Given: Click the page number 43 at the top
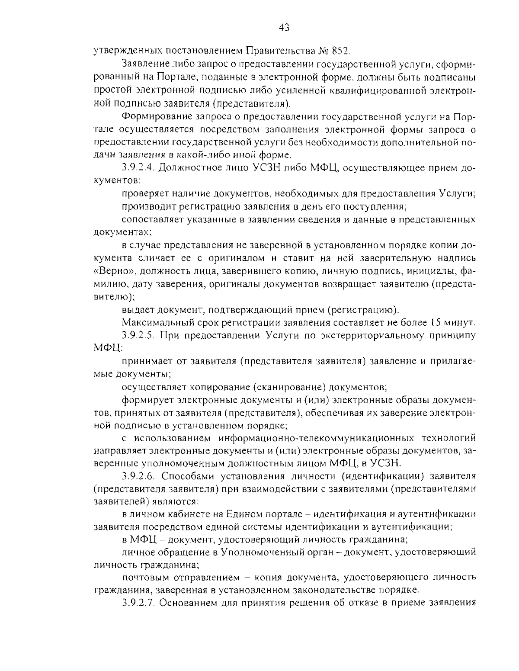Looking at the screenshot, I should pos(284,28).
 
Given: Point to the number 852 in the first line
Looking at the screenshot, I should pos(340,51).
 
